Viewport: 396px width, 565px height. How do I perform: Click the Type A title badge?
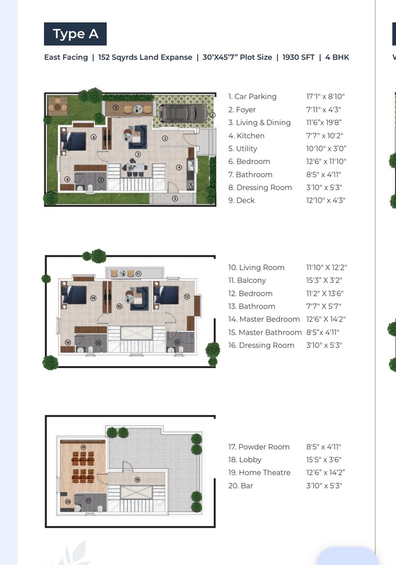click(x=75, y=34)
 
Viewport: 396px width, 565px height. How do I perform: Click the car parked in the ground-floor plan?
click(x=184, y=113)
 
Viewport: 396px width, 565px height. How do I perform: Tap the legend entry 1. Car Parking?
click(x=252, y=97)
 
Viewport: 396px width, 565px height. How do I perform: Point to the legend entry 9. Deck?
click(x=242, y=201)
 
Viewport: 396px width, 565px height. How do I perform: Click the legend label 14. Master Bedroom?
click(x=264, y=319)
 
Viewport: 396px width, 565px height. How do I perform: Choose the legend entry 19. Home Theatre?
click(x=259, y=472)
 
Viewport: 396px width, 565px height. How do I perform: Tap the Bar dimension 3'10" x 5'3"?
click(x=324, y=486)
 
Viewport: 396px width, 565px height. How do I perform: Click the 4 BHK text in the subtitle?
click(x=338, y=57)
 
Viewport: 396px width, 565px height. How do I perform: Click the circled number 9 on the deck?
click(x=115, y=107)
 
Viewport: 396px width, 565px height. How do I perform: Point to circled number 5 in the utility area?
click(x=175, y=198)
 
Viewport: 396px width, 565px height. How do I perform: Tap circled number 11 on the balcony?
click(x=138, y=273)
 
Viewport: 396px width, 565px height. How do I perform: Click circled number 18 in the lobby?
click(x=137, y=479)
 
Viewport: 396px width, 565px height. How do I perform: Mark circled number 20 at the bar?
click(x=68, y=501)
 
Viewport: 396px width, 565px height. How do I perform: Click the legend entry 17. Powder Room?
click(x=259, y=447)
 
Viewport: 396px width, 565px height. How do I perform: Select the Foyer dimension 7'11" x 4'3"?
click(x=323, y=110)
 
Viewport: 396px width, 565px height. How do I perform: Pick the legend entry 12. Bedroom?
click(x=250, y=294)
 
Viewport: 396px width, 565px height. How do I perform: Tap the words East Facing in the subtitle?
click(x=66, y=57)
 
